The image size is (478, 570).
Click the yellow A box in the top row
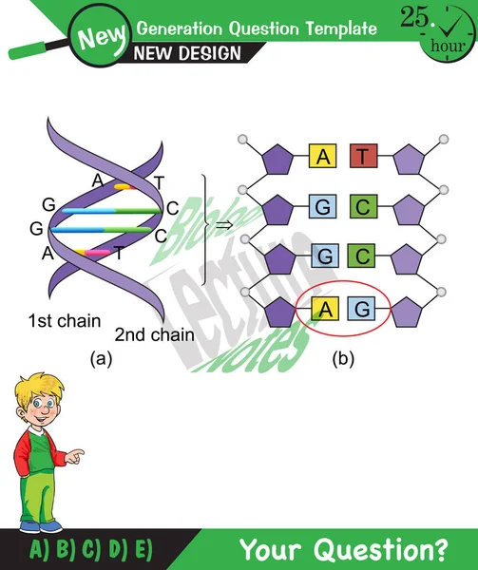pos(323,157)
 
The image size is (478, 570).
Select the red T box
pos(362,157)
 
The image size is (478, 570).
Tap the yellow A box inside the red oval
pos(323,308)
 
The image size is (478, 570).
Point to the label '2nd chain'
pos(155,333)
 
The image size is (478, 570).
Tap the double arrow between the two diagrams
pos(223,225)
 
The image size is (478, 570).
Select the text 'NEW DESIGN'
pos(187,53)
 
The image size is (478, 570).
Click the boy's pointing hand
pos(75,456)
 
